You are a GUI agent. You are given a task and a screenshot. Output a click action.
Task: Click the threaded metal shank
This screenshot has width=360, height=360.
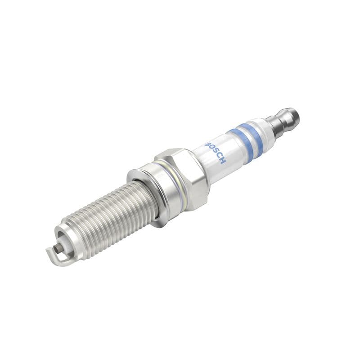(x=108, y=211)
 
